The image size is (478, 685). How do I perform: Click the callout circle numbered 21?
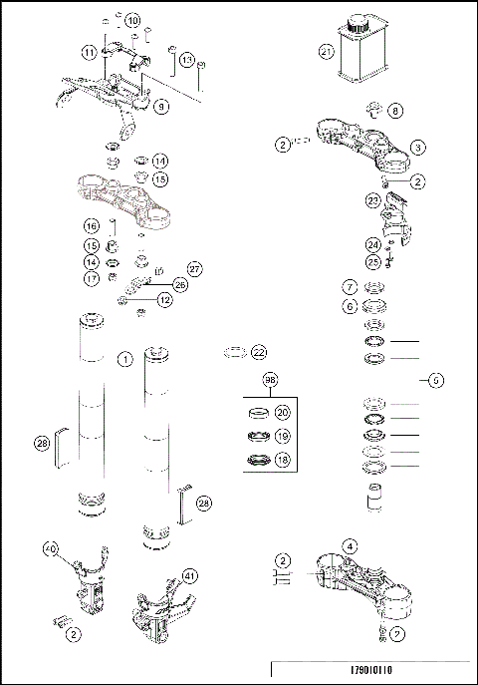[326, 51]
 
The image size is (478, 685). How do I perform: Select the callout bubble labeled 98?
[270, 381]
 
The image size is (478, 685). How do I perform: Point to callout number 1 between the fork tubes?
[124, 358]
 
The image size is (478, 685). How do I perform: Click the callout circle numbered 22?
[259, 352]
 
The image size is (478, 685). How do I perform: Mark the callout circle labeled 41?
[189, 575]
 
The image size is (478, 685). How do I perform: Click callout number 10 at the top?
[132, 20]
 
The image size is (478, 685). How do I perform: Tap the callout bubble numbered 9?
[162, 105]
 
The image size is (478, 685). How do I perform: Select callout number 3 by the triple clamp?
[418, 147]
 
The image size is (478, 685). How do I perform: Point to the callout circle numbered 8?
[395, 110]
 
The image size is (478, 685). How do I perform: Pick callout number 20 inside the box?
[282, 413]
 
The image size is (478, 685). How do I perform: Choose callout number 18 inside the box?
[282, 460]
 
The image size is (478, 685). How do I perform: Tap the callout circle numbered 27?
[194, 268]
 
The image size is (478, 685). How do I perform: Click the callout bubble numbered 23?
[372, 200]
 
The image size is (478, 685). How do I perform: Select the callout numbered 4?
[350, 545]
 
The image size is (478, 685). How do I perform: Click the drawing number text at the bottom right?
[400, 670]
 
